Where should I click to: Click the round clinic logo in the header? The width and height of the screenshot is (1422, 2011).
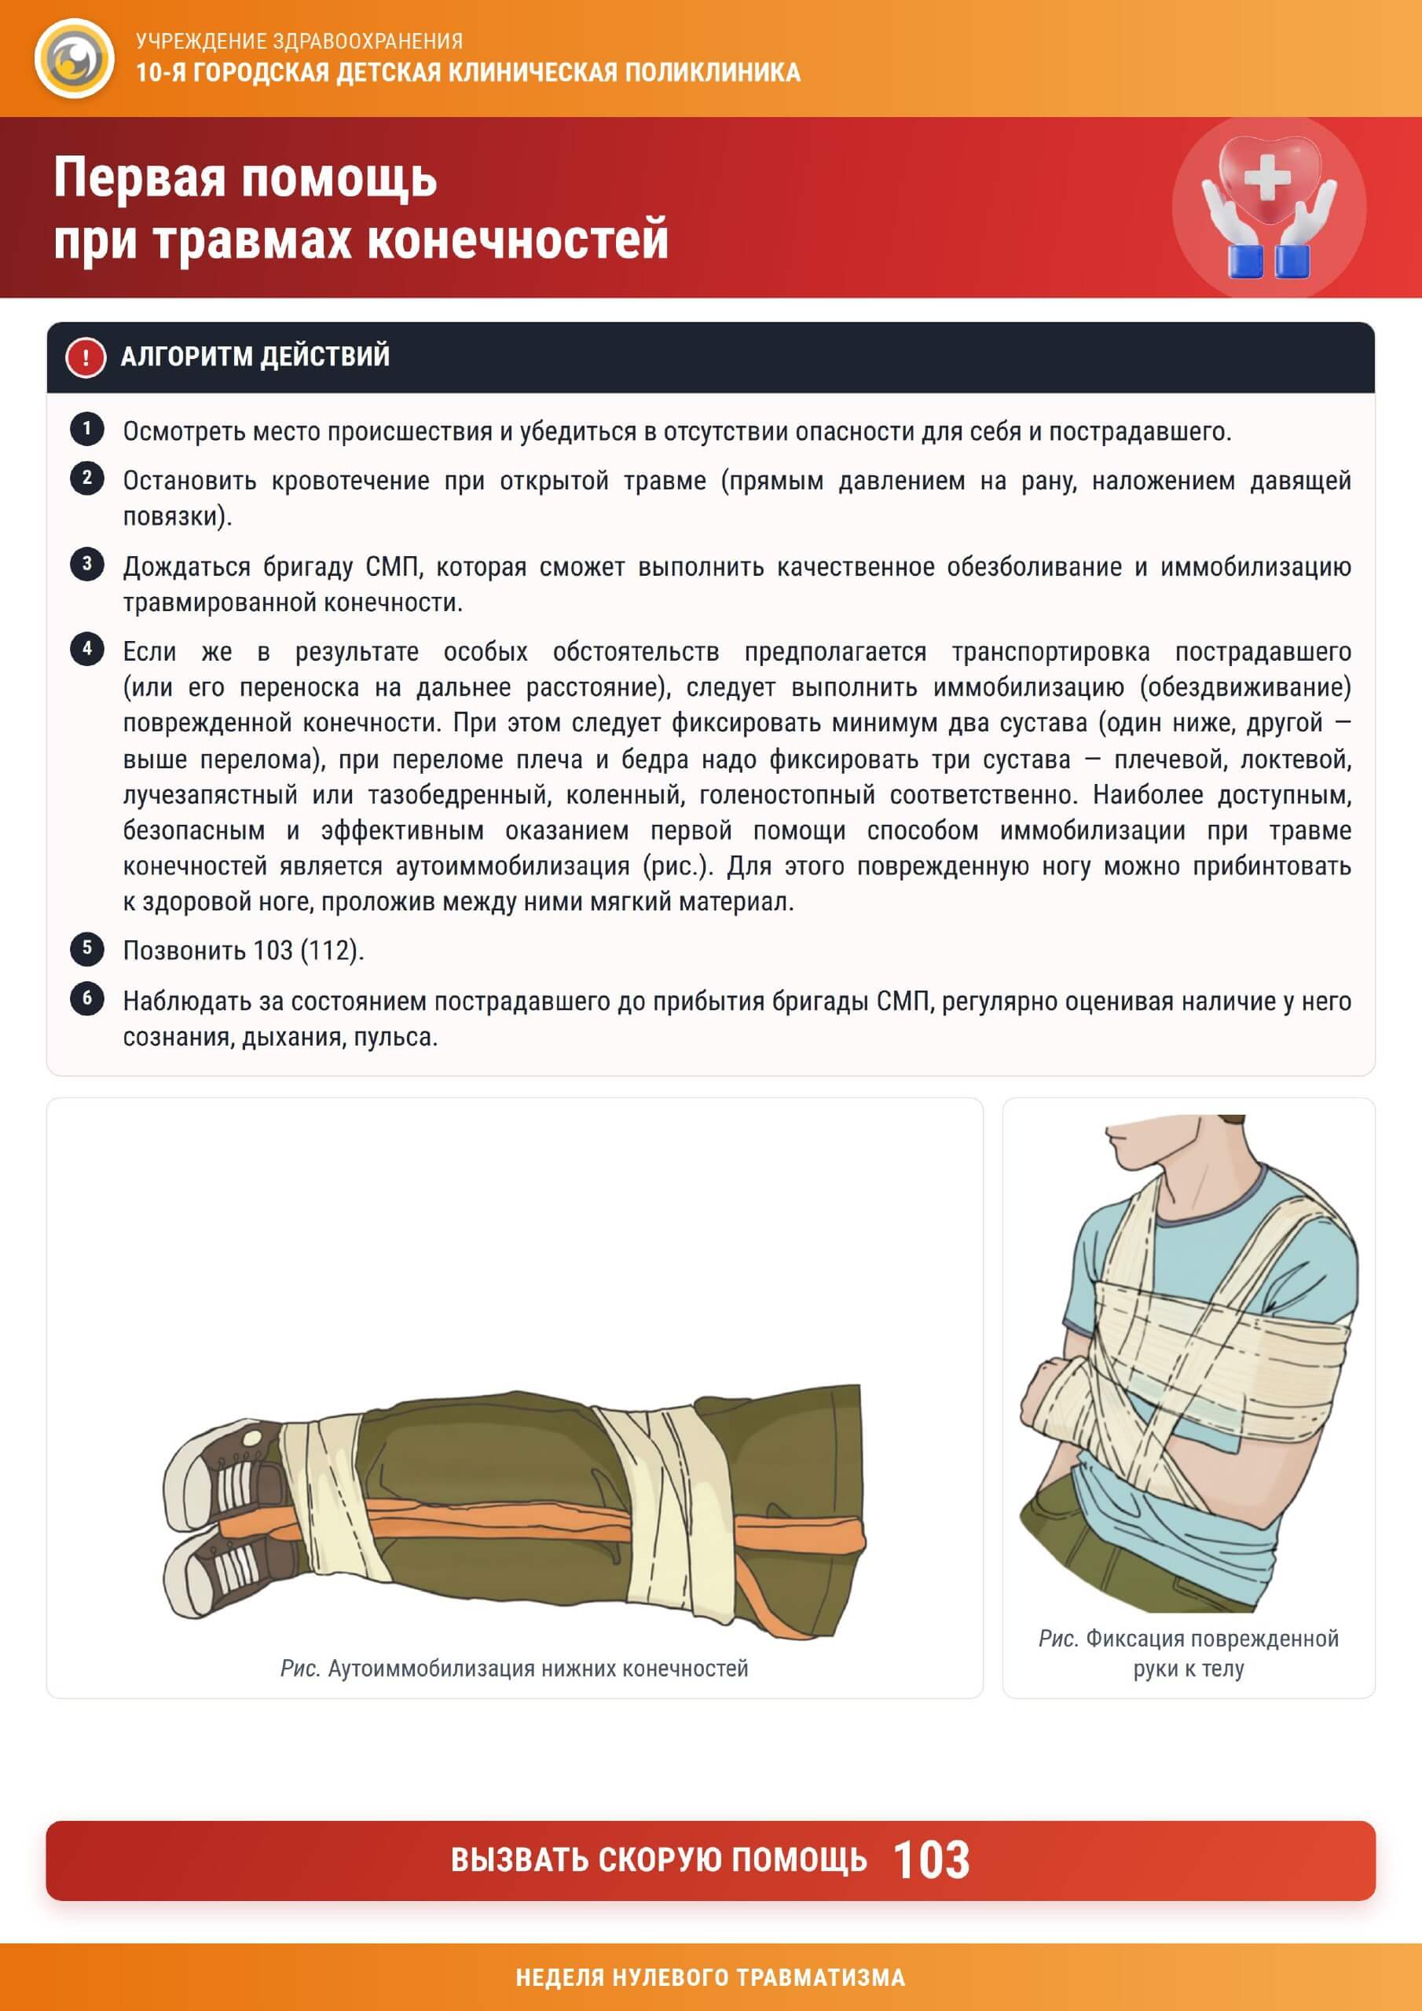point(75,59)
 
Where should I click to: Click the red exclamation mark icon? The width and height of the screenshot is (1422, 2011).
point(85,357)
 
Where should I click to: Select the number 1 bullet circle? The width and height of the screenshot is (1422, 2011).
point(86,429)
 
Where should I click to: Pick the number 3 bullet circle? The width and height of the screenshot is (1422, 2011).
point(86,564)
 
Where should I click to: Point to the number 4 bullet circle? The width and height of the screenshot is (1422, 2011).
point(86,649)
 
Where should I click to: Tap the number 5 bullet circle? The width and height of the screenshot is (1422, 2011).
point(86,947)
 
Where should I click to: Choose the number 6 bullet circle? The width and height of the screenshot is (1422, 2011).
point(86,998)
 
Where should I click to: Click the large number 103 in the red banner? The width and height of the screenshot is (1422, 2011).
point(931,1860)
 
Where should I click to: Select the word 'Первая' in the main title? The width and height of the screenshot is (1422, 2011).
point(140,178)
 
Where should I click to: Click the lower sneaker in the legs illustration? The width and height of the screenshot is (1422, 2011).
point(224,1575)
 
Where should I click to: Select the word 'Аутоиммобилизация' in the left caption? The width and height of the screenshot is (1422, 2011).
point(432,1669)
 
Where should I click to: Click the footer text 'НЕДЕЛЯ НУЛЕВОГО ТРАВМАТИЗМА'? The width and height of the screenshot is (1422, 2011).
point(710,1977)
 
